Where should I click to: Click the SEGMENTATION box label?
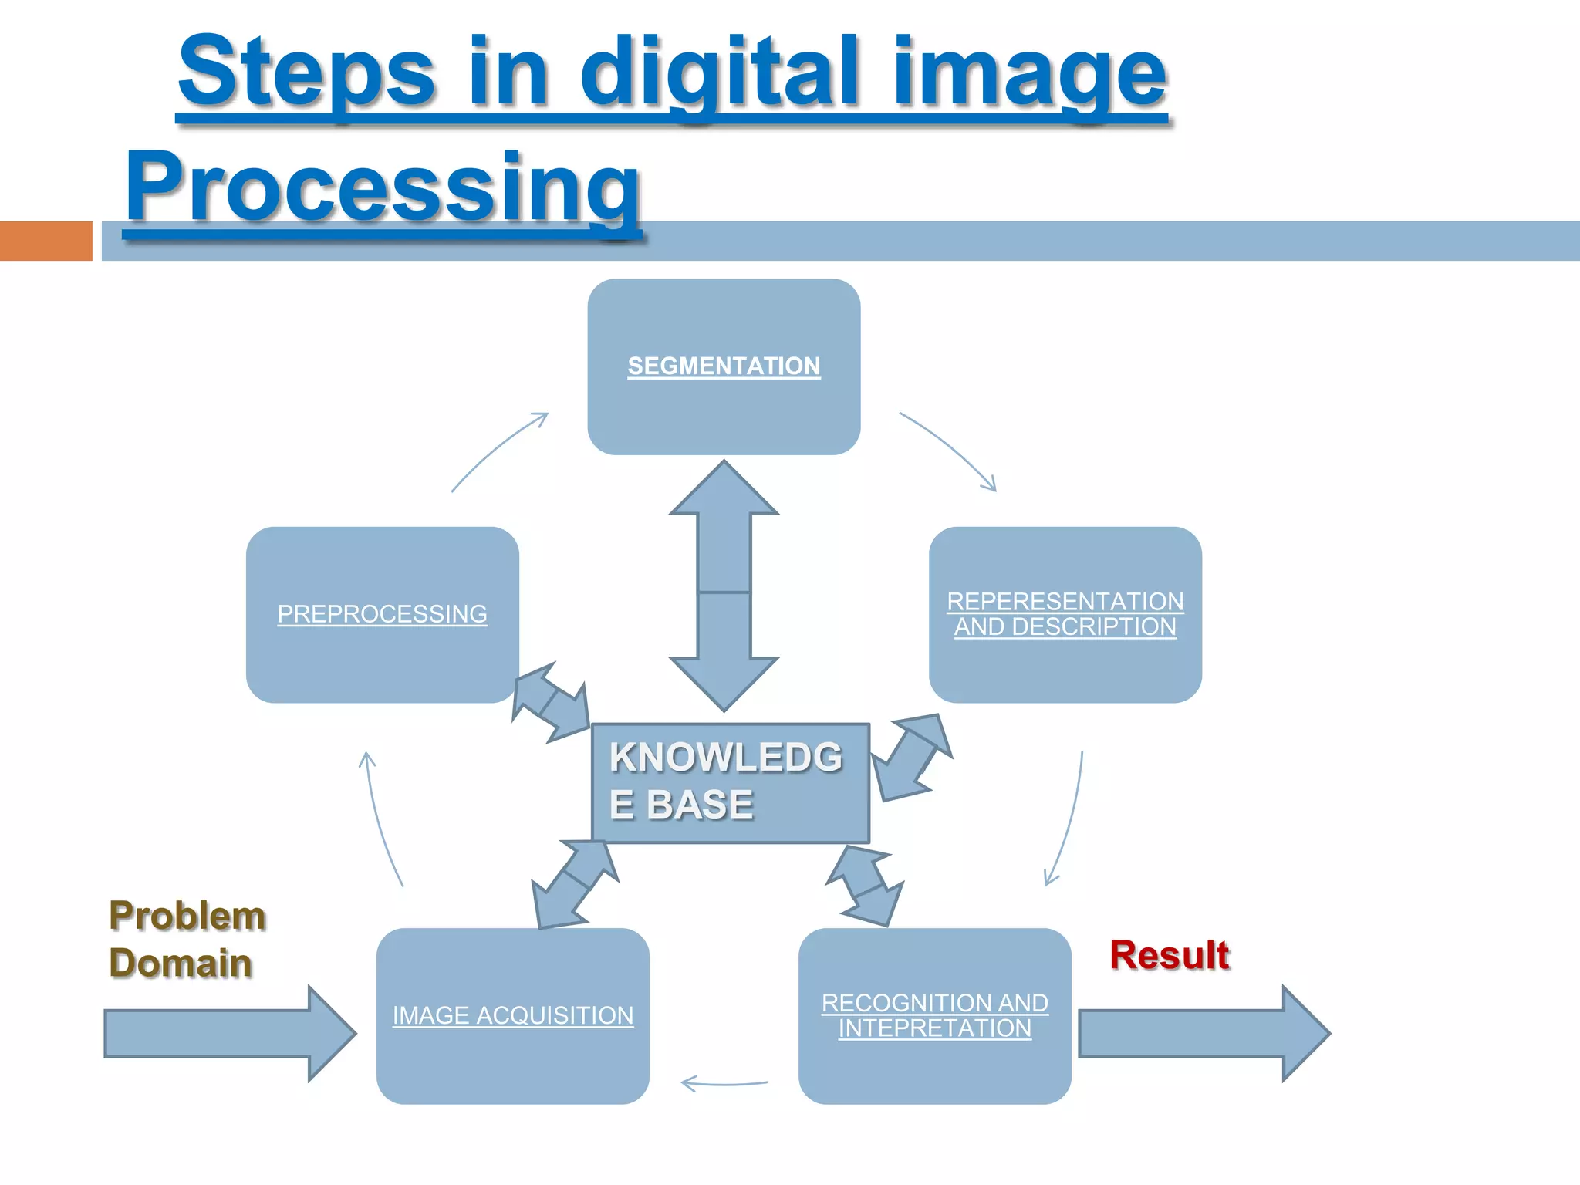[x=724, y=366]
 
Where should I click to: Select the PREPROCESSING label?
[x=382, y=614]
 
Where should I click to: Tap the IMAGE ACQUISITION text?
[x=513, y=1016]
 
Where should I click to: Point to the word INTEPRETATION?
[x=934, y=1028]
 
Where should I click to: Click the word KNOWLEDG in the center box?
[x=725, y=757]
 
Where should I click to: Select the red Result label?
[x=1169, y=955]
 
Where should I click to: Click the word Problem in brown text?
[x=187, y=916]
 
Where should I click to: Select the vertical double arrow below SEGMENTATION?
[x=724, y=586]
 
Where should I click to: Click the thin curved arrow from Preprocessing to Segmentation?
[x=498, y=451]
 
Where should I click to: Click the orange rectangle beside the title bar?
[x=46, y=241]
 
